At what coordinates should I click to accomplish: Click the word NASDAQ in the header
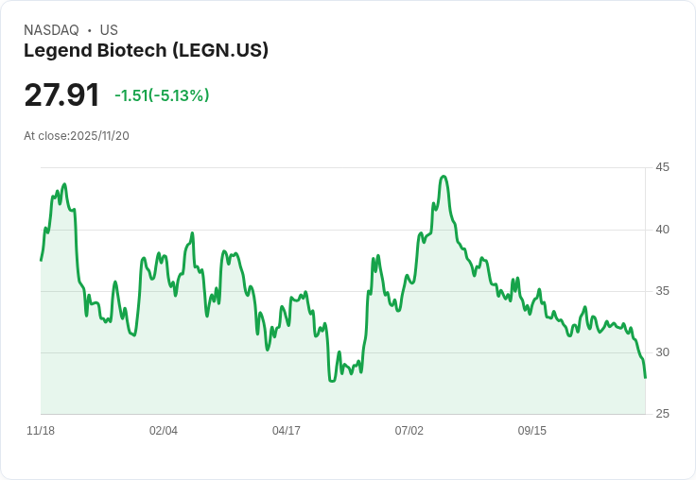point(51,30)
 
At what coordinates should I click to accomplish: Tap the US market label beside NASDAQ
point(109,30)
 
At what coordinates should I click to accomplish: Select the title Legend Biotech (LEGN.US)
point(146,51)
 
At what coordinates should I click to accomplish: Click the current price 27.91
point(61,95)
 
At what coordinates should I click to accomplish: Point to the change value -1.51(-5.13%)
point(162,95)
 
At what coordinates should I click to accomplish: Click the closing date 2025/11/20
point(99,136)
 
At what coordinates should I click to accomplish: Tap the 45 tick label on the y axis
point(663,167)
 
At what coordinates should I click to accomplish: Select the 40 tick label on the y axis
point(663,230)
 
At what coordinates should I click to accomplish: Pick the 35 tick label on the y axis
point(663,291)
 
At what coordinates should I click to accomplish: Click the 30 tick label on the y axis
point(663,352)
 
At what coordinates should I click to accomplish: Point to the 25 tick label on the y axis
point(663,414)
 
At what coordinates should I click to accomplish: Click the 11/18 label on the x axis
point(41,431)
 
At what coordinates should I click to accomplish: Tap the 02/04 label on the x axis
point(164,431)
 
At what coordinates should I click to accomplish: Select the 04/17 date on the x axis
point(287,431)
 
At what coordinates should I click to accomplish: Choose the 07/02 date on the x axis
point(409,431)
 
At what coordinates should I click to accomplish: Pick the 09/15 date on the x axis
point(532,431)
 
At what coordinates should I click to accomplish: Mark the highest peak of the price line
point(443,177)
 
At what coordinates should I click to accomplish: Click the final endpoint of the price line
point(645,377)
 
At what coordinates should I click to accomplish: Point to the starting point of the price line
point(41,260)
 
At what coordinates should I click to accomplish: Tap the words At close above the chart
point(45,136)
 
